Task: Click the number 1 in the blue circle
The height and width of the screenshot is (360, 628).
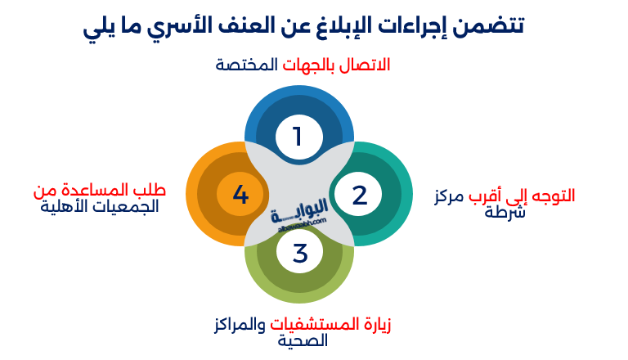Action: coord(298,137)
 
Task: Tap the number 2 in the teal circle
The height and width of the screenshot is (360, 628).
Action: coord(360,196)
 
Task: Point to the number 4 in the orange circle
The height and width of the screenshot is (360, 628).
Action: coord(240,196)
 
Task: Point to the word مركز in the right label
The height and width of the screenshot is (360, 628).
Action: coord(450,196)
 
